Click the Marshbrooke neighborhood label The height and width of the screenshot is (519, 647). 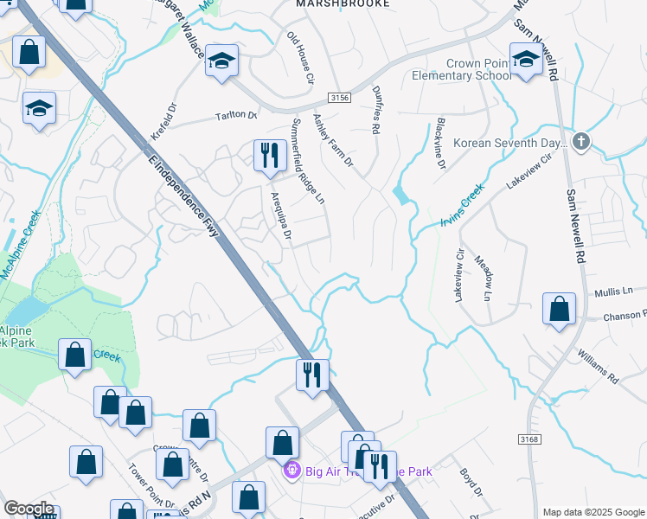pos(342,4)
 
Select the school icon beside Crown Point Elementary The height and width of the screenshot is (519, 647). pos(526,60)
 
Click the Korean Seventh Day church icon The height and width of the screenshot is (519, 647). pos(581,141)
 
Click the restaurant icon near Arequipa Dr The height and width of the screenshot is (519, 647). pos(269,156)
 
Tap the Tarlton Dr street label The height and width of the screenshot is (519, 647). pos(236,115)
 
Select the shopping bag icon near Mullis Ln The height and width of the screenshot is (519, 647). pos(559,309)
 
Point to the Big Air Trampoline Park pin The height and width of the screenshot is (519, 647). pos(292,471)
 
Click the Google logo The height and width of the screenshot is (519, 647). pos(28,509)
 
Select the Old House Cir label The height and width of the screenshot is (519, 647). pos(300,58)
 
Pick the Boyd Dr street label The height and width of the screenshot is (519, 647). pos(470,481)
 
